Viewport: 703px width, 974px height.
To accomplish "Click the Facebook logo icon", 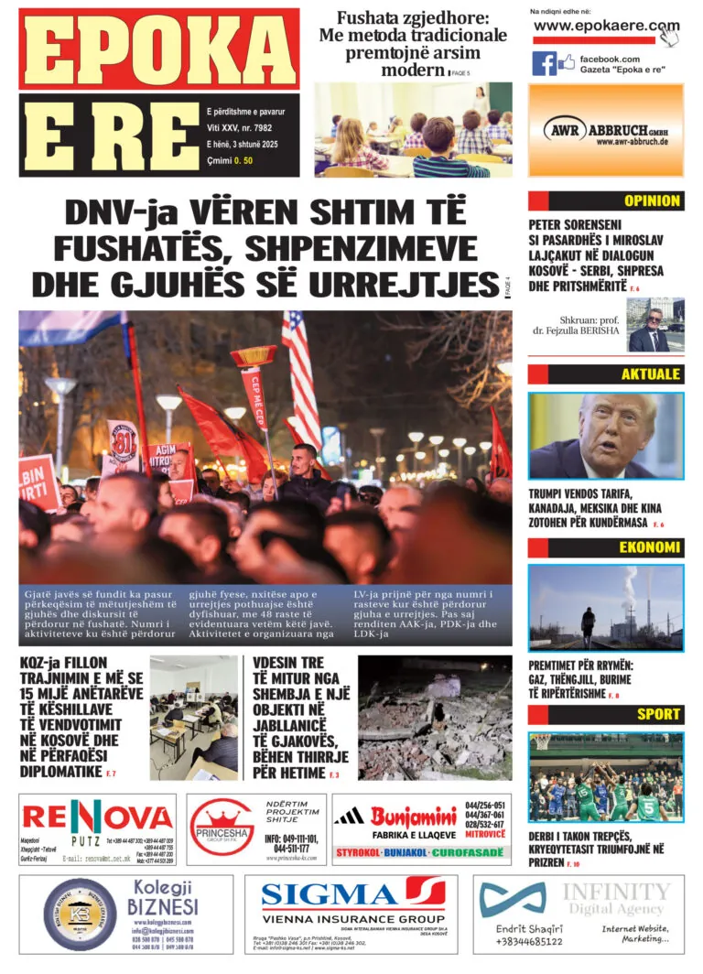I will [544, 63].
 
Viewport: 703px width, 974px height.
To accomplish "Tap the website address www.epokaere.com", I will [606, 26].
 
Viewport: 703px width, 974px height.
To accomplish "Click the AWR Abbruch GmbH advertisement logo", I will [605, 130].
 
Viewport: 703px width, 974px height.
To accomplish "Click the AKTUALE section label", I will [651, 374].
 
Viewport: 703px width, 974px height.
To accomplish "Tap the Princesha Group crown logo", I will [219, 817].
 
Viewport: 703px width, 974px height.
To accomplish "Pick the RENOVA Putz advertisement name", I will [97, 817].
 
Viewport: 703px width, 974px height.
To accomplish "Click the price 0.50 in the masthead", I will [243, 161].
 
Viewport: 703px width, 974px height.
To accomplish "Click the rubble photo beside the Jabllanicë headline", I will [434, 717].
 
